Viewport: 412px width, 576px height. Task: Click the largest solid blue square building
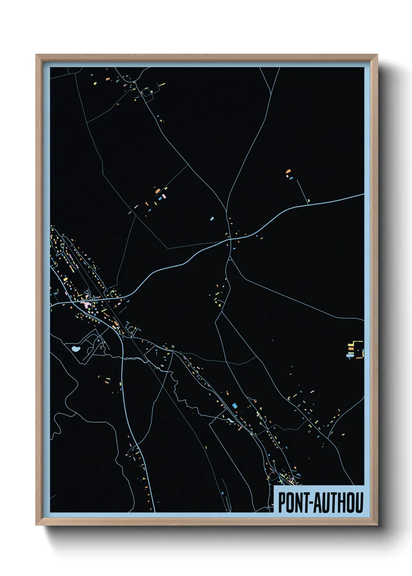point(234,406)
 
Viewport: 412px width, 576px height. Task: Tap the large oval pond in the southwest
point(75,348)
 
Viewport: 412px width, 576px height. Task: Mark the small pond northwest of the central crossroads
point(212,219)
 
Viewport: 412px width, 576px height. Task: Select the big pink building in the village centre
point(86,304)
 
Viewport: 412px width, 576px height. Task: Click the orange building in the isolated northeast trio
point(288,171)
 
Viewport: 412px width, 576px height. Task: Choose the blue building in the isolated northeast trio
point(291,178)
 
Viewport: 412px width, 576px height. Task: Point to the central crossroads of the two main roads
point(229,239)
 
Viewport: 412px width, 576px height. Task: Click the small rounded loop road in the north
point(146,92)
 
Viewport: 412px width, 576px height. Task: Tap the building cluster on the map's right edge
point(356,349)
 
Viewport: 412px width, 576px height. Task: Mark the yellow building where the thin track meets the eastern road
point(308,201)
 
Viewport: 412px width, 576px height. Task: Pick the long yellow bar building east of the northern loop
point(162,84)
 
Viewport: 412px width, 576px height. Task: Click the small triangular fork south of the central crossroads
point(230,258)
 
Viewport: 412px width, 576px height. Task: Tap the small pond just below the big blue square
point(231,420)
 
